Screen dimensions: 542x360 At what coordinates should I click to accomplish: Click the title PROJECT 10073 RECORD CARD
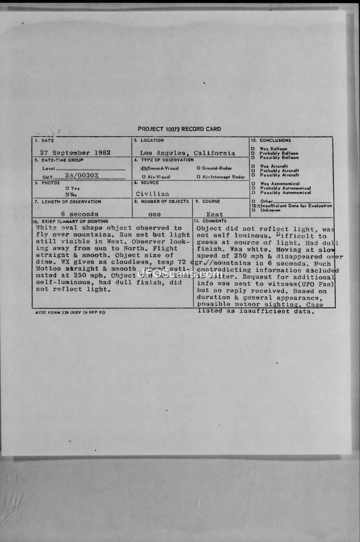pos(179,129)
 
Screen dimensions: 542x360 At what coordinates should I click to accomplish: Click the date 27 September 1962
pos(75,152)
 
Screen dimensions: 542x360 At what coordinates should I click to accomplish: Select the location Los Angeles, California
pos(187,153)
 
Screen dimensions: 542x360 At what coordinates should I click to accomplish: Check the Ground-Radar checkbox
pos(198,168)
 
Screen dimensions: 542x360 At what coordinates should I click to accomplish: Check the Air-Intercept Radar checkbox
pos(198,177)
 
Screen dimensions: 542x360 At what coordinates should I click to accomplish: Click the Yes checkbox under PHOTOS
pos(67,188)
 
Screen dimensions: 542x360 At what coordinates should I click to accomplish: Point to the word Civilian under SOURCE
pos(153,194)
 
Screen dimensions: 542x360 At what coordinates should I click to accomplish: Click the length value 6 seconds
pos(80,214)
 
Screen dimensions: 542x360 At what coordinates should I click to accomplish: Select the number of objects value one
pos(154,214)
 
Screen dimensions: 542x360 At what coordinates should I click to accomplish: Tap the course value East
pos(215,214)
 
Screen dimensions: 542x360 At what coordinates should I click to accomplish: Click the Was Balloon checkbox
pos(253,148)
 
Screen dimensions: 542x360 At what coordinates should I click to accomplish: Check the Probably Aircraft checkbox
pos(253,170)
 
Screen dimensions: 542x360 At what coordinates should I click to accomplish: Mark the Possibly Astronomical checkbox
pos(253,193)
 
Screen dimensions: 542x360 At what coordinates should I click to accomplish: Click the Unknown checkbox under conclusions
pos(253,210)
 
